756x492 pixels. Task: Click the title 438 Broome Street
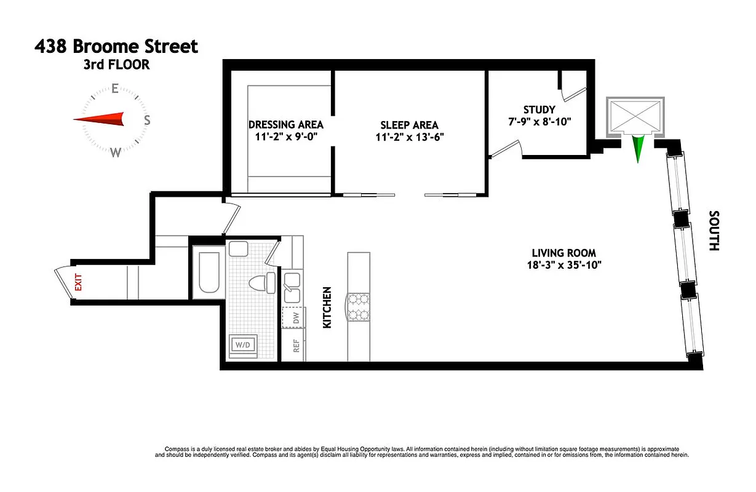(117, 47)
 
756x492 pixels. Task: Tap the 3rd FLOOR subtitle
(117, 65)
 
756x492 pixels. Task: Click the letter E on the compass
(114, 89)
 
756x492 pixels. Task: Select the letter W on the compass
(115, 153)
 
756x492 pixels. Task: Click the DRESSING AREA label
(285, 124)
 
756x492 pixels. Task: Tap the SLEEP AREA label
(409, 125)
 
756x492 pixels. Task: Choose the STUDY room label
(539, 109)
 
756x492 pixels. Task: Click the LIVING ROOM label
(563, 253)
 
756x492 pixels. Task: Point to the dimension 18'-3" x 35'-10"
(563, 265)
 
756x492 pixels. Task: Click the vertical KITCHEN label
(327, 307)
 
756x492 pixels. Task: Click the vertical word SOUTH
(714, 231)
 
